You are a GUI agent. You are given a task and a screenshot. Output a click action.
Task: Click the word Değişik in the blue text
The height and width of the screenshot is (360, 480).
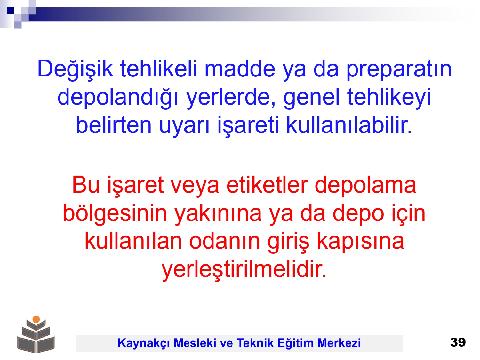75,68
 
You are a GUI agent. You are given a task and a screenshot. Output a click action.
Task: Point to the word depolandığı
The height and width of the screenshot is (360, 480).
118,97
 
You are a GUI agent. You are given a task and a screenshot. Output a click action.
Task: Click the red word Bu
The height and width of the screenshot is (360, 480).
86,185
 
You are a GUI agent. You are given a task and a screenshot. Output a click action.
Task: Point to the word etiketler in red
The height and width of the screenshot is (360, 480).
267,185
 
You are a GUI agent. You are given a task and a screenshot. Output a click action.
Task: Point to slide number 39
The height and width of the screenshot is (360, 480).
458,342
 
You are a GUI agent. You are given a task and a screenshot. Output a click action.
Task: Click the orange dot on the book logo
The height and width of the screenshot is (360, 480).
36,319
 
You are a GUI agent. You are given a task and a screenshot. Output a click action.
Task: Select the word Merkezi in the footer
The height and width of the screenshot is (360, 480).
339,343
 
